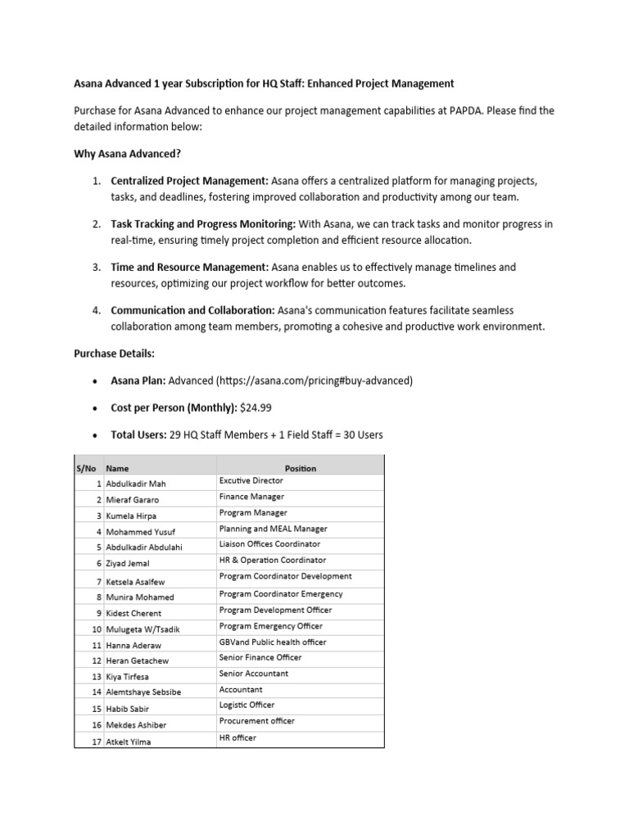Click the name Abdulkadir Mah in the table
[x=137, y=484]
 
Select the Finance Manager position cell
[x=251, y=497]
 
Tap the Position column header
[x=300, y=468]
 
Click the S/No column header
[x=86, y=468]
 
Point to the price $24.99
[x=256, y=408]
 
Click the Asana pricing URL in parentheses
[x=314, y=381]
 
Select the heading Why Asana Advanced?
[x=127, y=153]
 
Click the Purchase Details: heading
[x=114, y=354]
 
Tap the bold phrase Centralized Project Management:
[x=189, y=180]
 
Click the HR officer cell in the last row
[x=238, y=737]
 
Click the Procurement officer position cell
[x=256, y=721]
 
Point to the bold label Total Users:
[x=138, y=435]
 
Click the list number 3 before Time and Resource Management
[x=95, y=267]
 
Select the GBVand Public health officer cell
[x=272, y=642]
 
